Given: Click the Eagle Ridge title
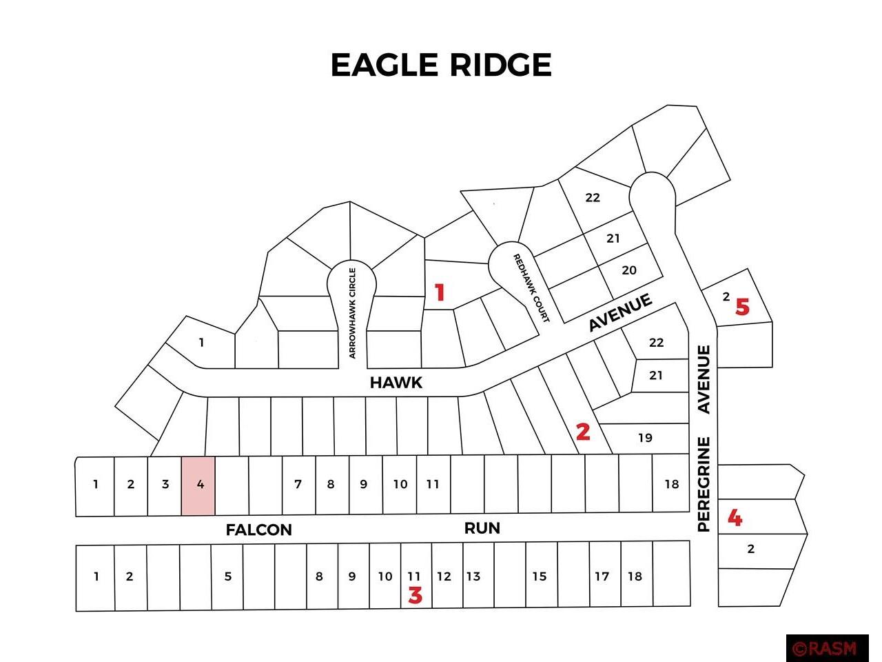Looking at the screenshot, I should point(441,65).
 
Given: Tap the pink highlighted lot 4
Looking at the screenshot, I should point(198,485).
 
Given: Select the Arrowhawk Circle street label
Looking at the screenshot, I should point(352,312).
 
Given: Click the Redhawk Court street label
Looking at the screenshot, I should point(531,288).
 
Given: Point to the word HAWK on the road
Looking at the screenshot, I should point(396,383).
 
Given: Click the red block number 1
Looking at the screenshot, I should point(440,293).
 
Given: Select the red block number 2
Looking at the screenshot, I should point(583,432).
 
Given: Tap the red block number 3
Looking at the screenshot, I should point(415,595).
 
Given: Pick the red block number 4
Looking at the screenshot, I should point(735,517).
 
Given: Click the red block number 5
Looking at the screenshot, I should point(742,307).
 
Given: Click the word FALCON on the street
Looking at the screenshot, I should point(259,530).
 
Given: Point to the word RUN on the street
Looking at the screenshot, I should point(482,528).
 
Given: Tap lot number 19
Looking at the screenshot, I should point(645,438).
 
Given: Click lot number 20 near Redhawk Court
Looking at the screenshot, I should point(629,270).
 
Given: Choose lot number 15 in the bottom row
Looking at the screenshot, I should point(539,576).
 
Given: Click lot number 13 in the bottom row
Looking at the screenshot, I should point(473,576).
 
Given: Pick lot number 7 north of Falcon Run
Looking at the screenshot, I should point(298,484).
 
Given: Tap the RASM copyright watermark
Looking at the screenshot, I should point(825,648).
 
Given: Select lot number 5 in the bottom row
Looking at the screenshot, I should point(228,576).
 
